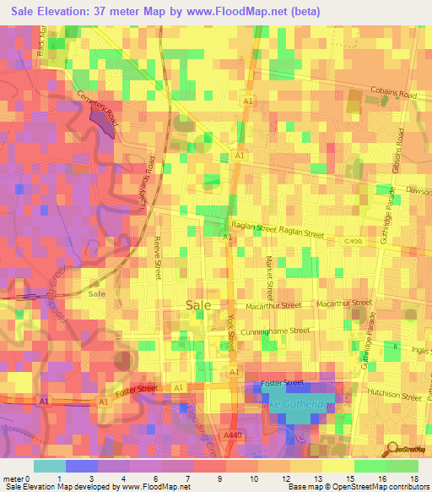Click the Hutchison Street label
(394, 394)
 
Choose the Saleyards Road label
(151, 178)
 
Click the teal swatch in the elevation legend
(49, 466)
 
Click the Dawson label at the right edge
(418, 190)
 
